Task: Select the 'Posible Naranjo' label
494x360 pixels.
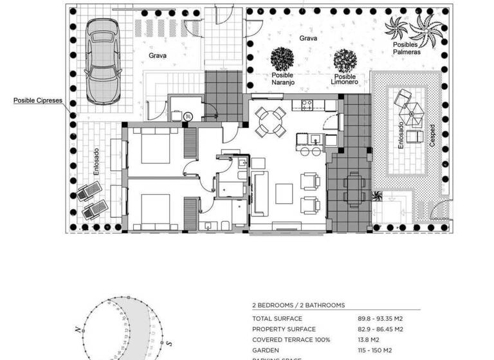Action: click(282, 79)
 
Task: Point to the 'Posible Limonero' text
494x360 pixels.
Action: click(345, 79)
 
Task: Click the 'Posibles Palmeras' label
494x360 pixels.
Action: click(407, 48)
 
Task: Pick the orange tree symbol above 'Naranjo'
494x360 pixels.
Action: click(282, 59)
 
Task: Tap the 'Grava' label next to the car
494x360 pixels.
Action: click(158, 56)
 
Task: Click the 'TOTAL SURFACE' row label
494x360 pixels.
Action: click(277, 318)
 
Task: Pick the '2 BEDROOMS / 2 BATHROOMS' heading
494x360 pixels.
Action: click(298, 305)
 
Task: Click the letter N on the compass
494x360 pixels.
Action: click(77, 329)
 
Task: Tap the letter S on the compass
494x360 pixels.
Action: click(169, 343)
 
